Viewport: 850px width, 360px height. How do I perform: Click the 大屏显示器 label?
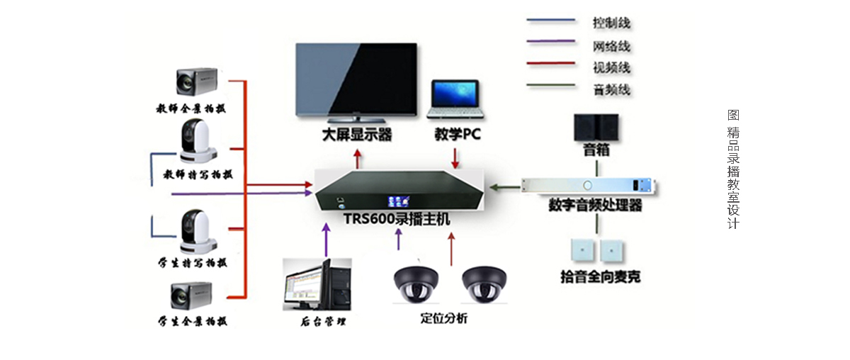tap(357, 135)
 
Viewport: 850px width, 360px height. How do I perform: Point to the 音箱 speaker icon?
tap(596, 128)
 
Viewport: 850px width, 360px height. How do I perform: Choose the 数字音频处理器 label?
tap(595, 206)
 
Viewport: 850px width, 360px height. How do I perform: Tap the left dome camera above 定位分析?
tap(417, 284)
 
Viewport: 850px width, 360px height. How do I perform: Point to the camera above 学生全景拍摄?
tap(193, 296)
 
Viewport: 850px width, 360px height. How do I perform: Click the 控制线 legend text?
tap(611, 23)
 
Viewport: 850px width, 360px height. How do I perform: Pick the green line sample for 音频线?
tap(550, 86)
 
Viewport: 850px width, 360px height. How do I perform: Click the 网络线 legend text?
tap(611, 47)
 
